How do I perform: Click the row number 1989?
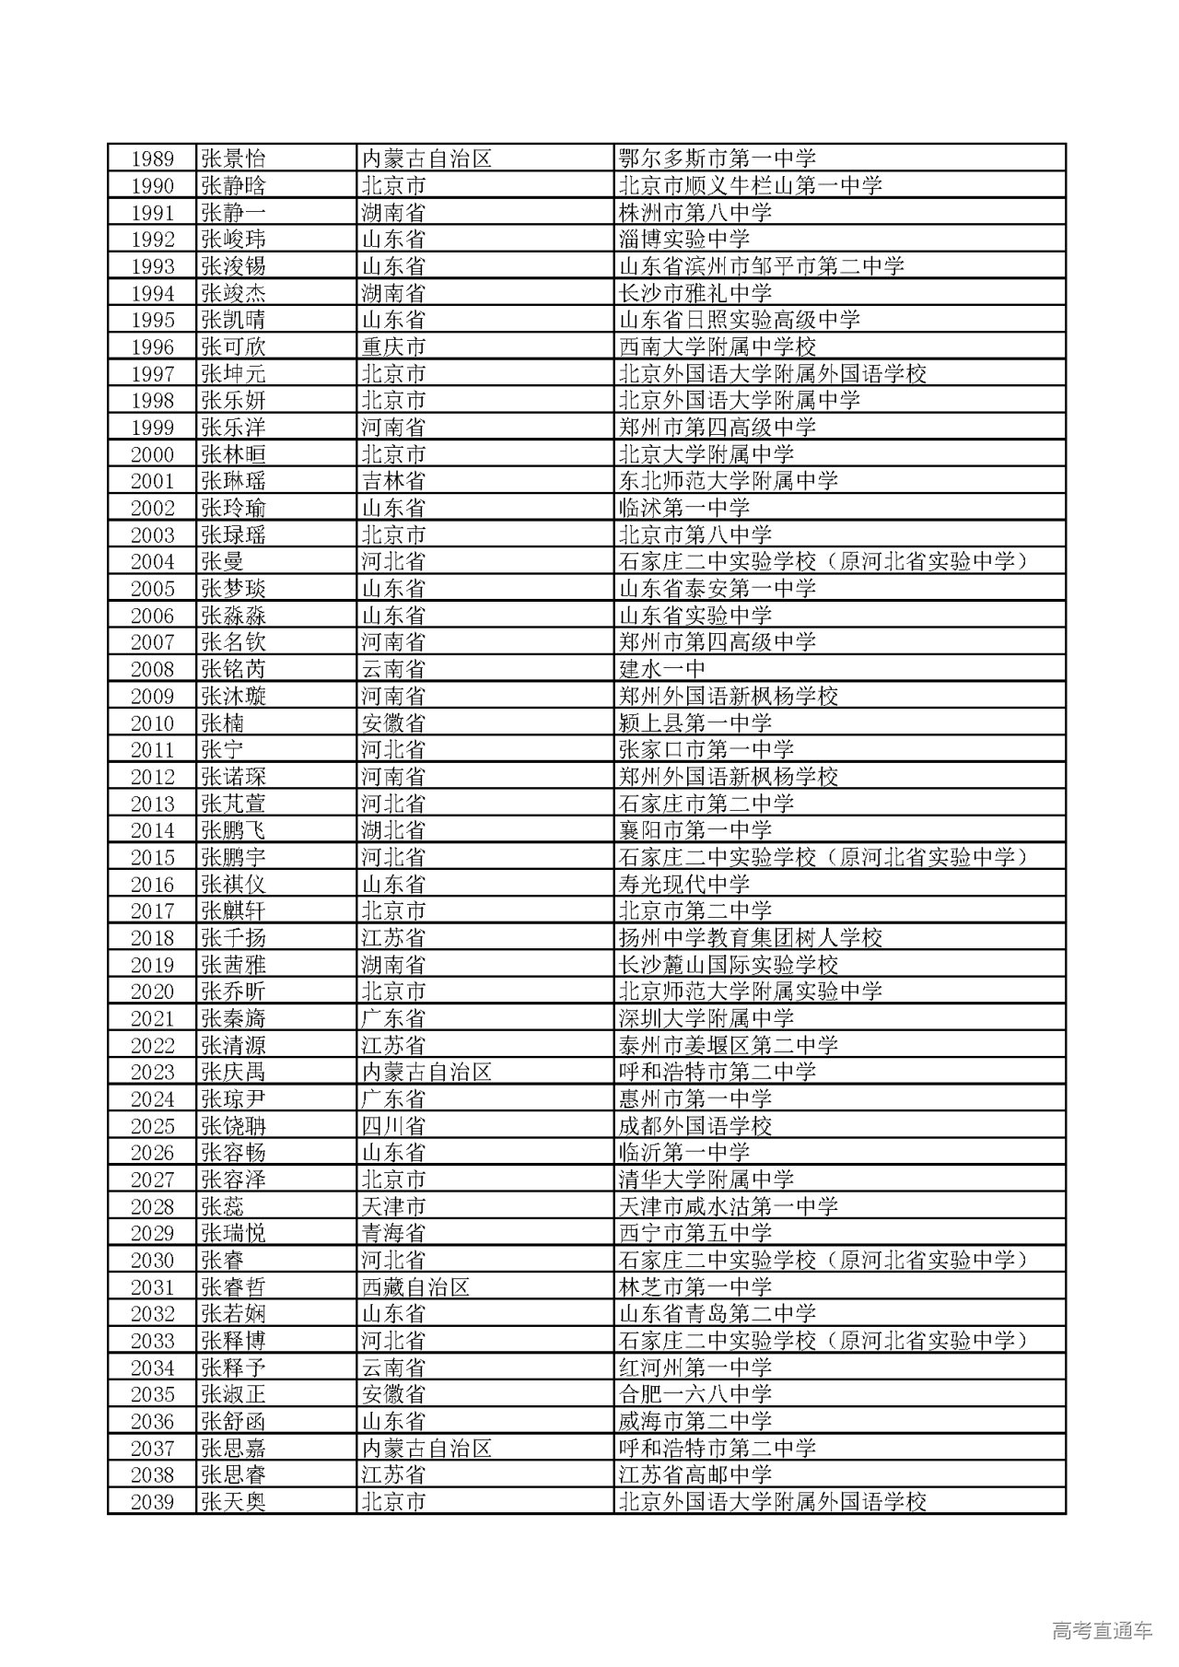pyautogui.click(x=152, y=158)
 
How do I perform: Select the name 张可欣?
pyautogui.click(x=233, y=346)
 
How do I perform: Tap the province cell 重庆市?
pyautogui.click(x=393, y=346)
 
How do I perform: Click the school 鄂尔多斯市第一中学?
pyautogui.click(x=718, y=158)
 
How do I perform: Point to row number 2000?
pyautogui.click(x=152, y=454)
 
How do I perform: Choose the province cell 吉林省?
pyautogui.click(x=393, y=481)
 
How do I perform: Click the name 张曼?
pyautogui.click(x=222, y=561)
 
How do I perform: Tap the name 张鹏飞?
pyautogui.click(x=233, y=830)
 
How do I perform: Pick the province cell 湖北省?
pyautogui.click(x=393, y=830)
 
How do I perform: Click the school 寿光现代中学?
pyautogui.click(x=684, y=884)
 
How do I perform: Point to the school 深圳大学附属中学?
pyautogui.click(x=706, y=1018)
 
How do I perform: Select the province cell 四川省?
pyautogui.click(x=393, y=1126)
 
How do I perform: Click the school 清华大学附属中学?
pyautogui.click(x=706, y=1180)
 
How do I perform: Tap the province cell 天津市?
pyautogui.click(x=393, y=1206)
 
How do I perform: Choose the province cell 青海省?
pyautogui.click(x=393, y=1233)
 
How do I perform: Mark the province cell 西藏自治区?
pyautogui.click(x=415, y=1286)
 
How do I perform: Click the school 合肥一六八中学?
pyautogui.click(x=695, y=1394)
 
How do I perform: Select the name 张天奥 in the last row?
pyautogui.click(x=233, y=1502)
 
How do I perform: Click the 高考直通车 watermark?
pyautogui.click(x=1102, y=1630)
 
